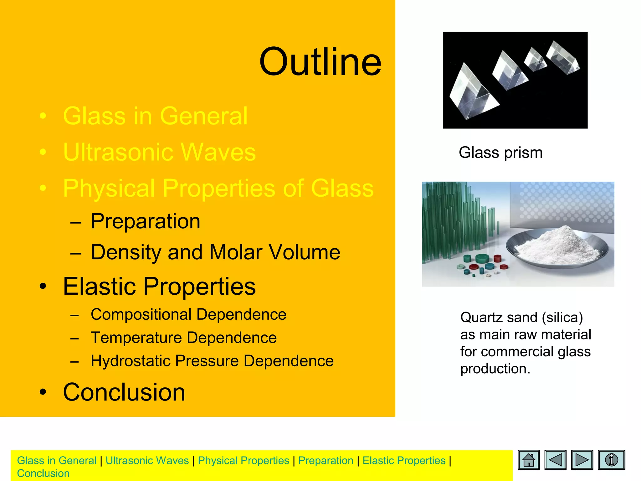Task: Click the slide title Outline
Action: pyautogui.click(x=320, y=62)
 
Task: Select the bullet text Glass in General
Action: pyautogui.click(x=155, y=116)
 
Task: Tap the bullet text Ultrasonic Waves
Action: pyautogui.click(x=159, y=152)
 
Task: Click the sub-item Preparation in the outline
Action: pyautogui.click(x=145, y=221)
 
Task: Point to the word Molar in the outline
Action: pyautogui.click(x=235, y=252)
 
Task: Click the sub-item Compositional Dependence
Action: pyautogui.click(x=188, y=314)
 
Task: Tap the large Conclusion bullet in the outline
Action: pyautogui.click(x=124, y=392)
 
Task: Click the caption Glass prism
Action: pyautogui.click(x=500, y=153)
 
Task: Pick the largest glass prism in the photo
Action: pyautogui.click(x=469, y=94)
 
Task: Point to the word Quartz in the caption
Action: pyautogui.click(x=481, y=318)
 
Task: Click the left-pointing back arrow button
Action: pyautogui.click(x=555, y=460)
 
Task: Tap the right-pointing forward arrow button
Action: pyautogui.click(x=582, y=460)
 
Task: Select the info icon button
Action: pyautogui.click(x=611, y=460)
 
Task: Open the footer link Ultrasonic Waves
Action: pyautogui.click(x=147, y=461)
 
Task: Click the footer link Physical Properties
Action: pyautogui.click(x=244, y=461)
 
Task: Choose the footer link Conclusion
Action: pyautogui.click(x=43, y=473)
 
